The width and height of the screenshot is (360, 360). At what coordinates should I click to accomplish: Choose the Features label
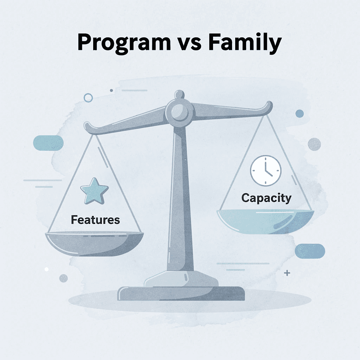(x=95, y=220)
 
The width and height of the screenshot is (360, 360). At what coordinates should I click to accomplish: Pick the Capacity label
(x=266, y=198)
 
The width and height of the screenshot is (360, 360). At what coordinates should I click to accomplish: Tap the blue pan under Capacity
(x=266, y=219)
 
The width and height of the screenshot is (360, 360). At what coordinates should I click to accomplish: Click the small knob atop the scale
(x=179, y=94)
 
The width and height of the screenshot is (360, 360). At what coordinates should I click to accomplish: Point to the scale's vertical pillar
(x=180, y=197)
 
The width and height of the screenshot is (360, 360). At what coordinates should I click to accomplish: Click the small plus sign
(x=287, y=273)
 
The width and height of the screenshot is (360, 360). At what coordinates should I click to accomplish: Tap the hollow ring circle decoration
(x=88, y=97)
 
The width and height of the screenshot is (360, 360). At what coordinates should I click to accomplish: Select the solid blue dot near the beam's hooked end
(x=300, y=113)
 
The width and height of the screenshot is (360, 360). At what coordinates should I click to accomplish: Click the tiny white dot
(x=46, y=269)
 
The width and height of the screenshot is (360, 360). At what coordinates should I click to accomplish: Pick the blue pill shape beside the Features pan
(x=48, y=143)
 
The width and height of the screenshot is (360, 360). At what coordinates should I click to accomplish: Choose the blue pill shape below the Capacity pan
(x=310, y=251)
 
